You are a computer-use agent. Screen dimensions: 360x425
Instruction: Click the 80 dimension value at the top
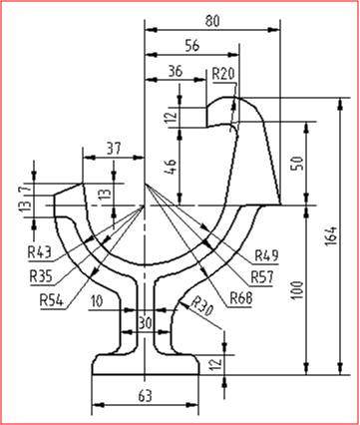click(x=212, y=21)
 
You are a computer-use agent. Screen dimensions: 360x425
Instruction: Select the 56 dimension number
click(x=192, y=46)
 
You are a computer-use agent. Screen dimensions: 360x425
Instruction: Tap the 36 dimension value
click(x=175, y=71)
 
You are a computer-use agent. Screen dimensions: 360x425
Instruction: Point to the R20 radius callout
click(x=223, y=74)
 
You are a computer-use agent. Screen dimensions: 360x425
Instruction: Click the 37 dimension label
click(x=114, y=149)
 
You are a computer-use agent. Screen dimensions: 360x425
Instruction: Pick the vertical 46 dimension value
click(x=170, y=168)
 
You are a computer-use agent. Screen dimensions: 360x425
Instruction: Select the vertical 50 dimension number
click(x=297, y=164)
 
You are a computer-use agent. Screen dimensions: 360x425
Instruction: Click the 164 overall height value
click(x=331, y=236)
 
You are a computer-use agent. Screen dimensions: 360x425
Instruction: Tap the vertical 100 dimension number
click(x=297, y=290)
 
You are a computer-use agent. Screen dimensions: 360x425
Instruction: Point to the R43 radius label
click(x=39, y=252)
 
